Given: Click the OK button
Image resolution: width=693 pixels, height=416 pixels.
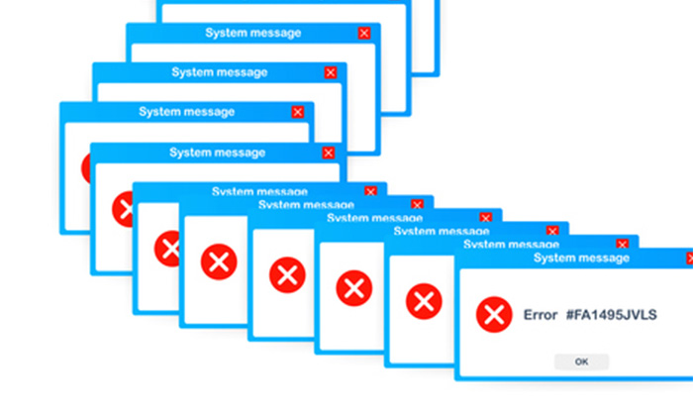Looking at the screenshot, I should tap(581, 362).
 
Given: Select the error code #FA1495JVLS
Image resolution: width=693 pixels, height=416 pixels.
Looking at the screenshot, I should tap(614, 315).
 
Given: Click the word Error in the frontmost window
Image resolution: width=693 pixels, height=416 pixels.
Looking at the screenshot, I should tap(541, 315).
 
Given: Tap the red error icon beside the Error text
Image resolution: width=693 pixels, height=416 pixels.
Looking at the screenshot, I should tap(492, 315).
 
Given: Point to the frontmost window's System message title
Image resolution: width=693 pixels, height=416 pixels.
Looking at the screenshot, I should tap(581, 258).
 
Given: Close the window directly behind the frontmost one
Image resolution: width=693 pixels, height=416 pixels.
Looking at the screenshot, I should tap(622, 244).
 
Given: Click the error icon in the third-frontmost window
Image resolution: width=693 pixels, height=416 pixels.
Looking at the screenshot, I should tap(352, 288).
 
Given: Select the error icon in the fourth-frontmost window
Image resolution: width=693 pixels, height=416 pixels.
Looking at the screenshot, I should tap(287, 273).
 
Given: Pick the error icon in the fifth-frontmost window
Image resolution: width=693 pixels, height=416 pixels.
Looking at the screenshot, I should tap(219, 261).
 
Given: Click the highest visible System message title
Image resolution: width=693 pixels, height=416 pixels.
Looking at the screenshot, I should tap(253, 33).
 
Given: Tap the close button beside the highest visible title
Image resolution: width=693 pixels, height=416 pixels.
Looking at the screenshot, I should tap(364, 34).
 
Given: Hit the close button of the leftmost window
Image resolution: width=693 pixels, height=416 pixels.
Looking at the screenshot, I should tap(298, 112).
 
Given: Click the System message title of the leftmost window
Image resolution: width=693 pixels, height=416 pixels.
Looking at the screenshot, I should tap(187, 112).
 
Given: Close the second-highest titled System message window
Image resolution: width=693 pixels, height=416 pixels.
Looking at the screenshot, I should tap(330, 72).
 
